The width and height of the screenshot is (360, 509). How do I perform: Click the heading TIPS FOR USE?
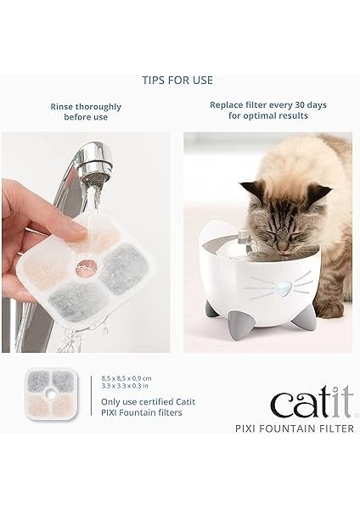[x=177, y=81]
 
